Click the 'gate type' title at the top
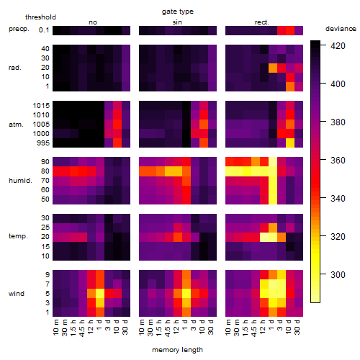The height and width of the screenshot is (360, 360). pyautogui.click(x=178, y=12)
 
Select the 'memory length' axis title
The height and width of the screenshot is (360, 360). pyautogui.click(x=177, y=350)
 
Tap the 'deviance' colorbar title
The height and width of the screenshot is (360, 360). pyautogui.click(x=341, y=29)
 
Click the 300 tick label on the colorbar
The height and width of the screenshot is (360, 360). pyautogui.click(x=338, y=274)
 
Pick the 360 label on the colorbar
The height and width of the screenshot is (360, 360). pyautogui.click(x=338, y=160)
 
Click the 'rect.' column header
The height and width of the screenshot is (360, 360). pyautogui.click(x=261, y=22)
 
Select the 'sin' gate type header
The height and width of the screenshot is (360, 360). pyautogui.click(x=177, y=22)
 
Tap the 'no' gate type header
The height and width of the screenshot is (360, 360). pyautogui.click(x=93, y=22)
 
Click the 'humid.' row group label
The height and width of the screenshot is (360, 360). pyautogui.click(x=20, y=181)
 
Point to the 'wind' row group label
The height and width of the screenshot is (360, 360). pyautogui.click(x=17, y=294)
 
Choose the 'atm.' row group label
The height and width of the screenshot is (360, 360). pyautogui.click(x=16, y=125)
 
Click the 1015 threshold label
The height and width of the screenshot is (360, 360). pyautogui.click(x=41, y=106)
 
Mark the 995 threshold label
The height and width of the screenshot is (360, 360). pyautogui.click(x=43, y=143)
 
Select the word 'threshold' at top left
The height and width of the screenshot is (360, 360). pyautogui.click(x=40, y=17)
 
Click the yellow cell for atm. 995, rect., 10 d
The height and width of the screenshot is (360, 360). pyautogui.click(x=290, y=143)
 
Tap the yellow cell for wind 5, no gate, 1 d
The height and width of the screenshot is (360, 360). pyautogui.click(x=100, y=293)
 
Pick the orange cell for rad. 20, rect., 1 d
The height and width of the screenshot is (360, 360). pyautogui.click(x=273, y=68)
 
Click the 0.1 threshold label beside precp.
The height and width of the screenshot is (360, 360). pyautogui.click(x=44, y=30)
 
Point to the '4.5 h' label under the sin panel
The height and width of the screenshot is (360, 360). pyautogui.click(x=168, y=328)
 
